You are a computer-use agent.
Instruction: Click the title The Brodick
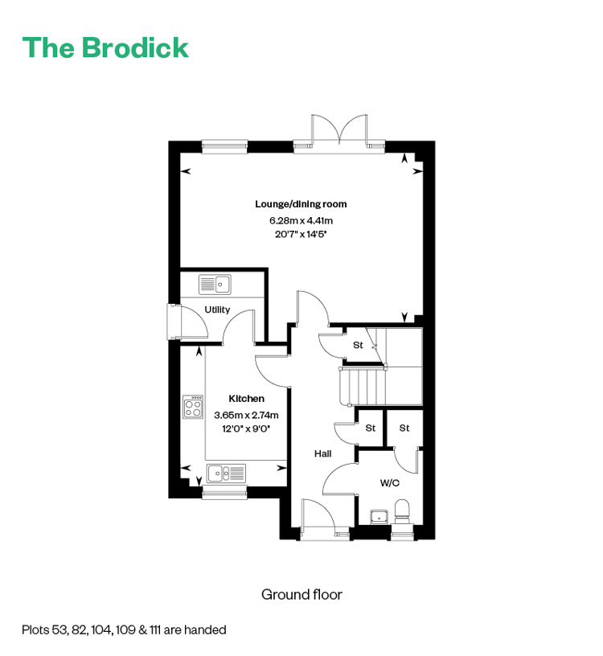pyautogui.click(x=105, y=47)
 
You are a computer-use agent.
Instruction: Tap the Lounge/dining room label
pyautogui.click(x=301, y=204)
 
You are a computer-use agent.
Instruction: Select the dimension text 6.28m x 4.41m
pyautogui.click(x=301, y=220)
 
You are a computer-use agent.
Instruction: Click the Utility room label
pyautogui.click(x=217, y=310)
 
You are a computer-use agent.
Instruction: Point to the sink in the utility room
pyautogui.click(x=215, y=285)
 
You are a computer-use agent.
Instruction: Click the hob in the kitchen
pyautogui.click(x=193, y=407)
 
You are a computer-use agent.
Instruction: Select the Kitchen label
pyautogui.click(x=247, y=399)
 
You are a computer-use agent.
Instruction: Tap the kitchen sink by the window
pyautogui.click(x=226, y=474)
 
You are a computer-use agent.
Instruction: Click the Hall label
pyautogui.click(x=322, y=453)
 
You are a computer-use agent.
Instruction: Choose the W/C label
pyautogui.click(x=390, y=483)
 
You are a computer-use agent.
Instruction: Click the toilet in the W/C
pyautogui.click(x=403, y=510)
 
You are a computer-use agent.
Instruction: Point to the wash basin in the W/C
pyautogui.click(x=379, y=517)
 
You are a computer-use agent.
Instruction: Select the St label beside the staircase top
pyautogui.click(x=358, y=345)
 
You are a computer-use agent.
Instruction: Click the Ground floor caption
pyautogui.click(x=301, y=595)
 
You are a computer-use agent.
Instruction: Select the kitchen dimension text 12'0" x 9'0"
pyautogui.click(x=246, y=428)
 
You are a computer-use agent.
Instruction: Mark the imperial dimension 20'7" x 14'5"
pyautogui.click(x=301, y=234)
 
